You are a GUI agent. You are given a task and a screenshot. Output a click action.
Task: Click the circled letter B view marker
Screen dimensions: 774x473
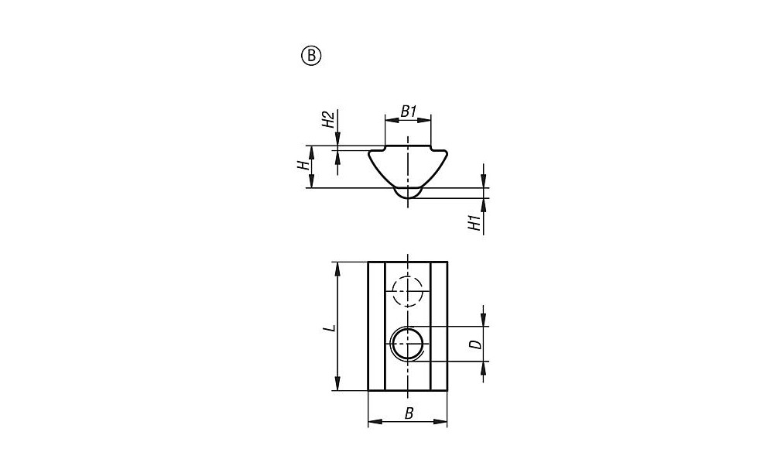click(311, 56)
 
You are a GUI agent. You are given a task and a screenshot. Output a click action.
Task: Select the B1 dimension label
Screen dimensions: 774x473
click(408, 111)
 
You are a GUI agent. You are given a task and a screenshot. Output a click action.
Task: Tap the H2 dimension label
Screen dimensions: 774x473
click(328, 120)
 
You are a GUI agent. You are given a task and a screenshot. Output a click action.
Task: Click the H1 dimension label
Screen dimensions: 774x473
click(474, 223)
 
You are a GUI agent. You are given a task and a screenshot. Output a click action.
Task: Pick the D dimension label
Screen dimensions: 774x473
click(475, 344)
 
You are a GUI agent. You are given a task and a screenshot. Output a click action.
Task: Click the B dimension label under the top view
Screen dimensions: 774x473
click(409, 413)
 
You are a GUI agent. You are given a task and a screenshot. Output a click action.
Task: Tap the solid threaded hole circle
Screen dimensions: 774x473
click(408, 343)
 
